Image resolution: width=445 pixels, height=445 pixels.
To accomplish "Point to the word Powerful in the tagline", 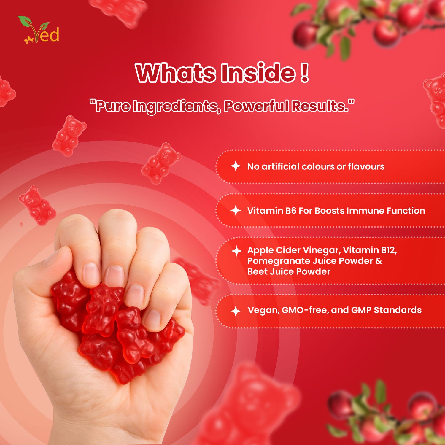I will pyautogui.click(x=256, y=106).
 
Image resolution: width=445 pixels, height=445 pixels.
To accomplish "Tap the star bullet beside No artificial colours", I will pyautogui.click(x=236, y=166).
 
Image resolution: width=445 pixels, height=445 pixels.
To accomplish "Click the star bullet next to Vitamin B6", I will pyautogui.click(x=236, y=210).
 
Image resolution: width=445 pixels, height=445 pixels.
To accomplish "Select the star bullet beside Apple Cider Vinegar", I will pyautogui.click(x=236, y=251).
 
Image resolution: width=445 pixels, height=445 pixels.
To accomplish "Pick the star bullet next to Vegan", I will pyautogui.click(x=236, y=311).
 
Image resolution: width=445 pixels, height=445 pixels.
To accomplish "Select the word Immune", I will pyautogui.click(x=366, y=210).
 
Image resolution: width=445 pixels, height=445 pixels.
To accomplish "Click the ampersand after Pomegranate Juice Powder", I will pyautogui.click(x=379, y=261).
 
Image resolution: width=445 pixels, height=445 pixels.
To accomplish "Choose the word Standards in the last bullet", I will pyautogui.click(x=398, y=310).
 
